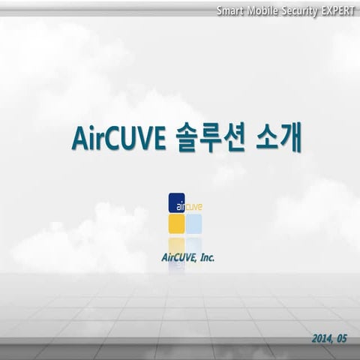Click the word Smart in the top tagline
(x=230, y=11)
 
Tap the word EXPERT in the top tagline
(x=337, y=11)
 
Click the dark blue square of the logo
(x=176, y=203)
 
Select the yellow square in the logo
(x=176, y=223)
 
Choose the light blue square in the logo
(x=194, y=223)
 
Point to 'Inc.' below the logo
(x=207, y=257)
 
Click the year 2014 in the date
(x=323, y=339)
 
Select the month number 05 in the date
(x=343, y=339)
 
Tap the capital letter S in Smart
(x=220, y=11)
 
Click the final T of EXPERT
(x=352, y=11)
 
